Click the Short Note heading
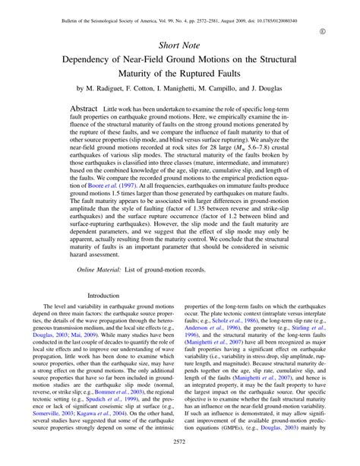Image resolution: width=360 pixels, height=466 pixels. (x=179, y=46)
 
